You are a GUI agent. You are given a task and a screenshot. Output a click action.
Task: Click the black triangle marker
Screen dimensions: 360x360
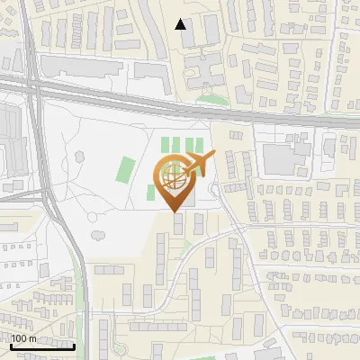(181, 24)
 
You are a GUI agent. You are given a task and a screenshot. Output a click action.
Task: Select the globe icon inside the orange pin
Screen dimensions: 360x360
(175, 177)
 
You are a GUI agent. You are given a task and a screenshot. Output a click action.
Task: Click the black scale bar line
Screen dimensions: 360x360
(42, 346)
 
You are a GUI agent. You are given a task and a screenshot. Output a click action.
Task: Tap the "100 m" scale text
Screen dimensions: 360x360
(23, 339)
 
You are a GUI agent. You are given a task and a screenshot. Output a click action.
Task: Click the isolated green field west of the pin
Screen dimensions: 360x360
(127, 168)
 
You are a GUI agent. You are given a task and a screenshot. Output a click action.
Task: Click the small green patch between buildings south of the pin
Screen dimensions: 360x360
(187, 242)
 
